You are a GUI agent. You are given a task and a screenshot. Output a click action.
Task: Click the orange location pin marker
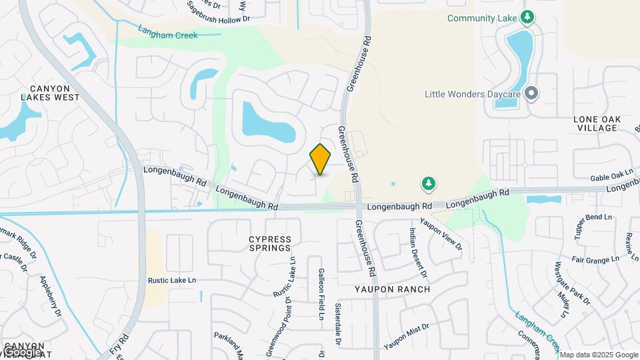(321, 159)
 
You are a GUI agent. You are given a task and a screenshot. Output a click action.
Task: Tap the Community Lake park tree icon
(527, 17)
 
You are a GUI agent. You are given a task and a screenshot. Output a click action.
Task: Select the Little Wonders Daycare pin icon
(531, 94)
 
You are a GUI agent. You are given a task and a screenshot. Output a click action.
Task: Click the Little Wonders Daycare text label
(471, 94)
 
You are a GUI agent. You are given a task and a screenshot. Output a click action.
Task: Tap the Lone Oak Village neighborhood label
(597, 123)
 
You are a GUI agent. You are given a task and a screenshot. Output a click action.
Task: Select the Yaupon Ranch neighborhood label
(392, 289)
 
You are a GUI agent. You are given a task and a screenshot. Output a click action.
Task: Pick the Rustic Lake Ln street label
(173, 281)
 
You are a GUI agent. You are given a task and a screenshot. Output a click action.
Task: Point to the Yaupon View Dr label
(441, 233)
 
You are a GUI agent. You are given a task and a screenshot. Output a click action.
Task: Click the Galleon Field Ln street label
(321, 293)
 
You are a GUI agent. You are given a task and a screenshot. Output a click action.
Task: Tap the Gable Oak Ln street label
(611, 176)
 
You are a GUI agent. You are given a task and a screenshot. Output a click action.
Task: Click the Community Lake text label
(482, 18)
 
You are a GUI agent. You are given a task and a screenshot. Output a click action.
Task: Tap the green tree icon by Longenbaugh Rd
(427, 183)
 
